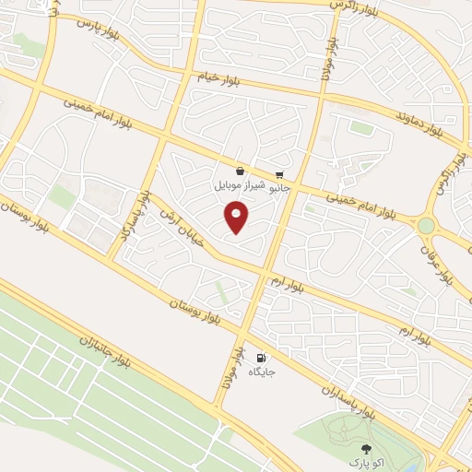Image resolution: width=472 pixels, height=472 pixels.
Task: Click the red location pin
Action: (237, 218)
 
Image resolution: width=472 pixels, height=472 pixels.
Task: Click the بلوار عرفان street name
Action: (441, 263)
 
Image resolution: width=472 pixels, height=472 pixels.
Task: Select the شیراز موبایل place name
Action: (240, 185)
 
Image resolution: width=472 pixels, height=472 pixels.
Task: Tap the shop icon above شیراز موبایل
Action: (240, 171)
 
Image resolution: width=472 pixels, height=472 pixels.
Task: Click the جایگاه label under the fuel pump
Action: (261, 373)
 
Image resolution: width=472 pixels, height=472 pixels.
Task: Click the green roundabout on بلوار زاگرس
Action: (426, 225)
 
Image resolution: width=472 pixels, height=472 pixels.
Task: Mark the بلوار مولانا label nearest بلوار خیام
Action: (326, 61)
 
